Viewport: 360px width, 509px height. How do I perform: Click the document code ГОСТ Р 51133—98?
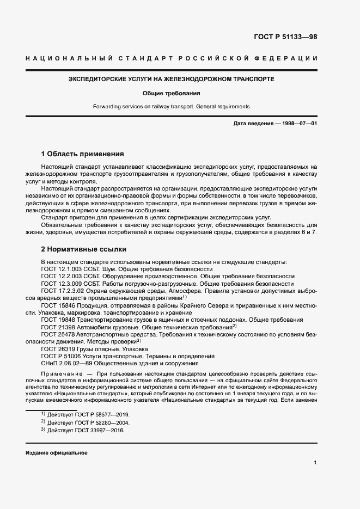[x=285, y=37]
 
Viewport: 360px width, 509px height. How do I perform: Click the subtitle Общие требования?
[x=171, y=93]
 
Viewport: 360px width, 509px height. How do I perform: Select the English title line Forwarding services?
[x=171, y=107]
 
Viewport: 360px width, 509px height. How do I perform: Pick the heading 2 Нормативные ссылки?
[x=84, y=249]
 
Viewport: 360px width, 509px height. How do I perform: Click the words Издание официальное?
[x=56, y=453]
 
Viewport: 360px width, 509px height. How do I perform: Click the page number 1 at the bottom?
[x=315, y=463]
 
